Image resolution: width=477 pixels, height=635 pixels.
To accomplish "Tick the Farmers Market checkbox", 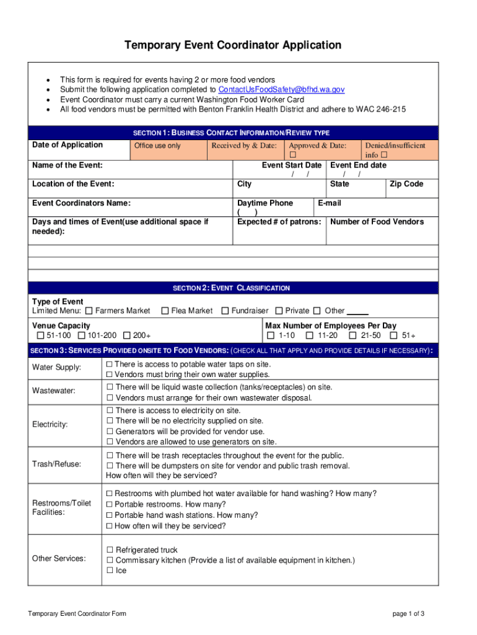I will tap(89, 311).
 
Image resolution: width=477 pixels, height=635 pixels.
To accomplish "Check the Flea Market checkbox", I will tap(165, 311).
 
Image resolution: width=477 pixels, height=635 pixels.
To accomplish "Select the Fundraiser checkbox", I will tap(225, 311).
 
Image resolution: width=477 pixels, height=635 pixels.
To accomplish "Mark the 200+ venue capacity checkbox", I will tap(127, 336).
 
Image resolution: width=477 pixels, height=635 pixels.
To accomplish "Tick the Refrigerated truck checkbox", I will tap(110, 550).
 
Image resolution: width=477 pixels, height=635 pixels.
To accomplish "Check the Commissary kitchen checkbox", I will tap(110, 561).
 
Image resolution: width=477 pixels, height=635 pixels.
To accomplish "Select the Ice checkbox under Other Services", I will tap(110, 571).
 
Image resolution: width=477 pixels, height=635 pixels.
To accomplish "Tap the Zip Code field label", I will tap(406, 184).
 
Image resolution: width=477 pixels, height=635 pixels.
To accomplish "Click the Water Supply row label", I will tap(56, 367).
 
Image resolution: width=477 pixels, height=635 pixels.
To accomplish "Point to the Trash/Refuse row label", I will tap(56, 464).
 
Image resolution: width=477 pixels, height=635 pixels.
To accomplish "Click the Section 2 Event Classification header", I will tap(231, 288).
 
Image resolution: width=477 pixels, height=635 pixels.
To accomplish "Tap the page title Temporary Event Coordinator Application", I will tap(233, 45).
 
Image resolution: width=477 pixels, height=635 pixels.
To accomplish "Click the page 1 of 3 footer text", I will tap(408, 614).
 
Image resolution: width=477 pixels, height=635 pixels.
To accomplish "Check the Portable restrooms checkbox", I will tap(110, 505).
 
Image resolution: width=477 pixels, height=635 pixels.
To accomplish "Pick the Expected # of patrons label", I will tap(279, 222).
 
